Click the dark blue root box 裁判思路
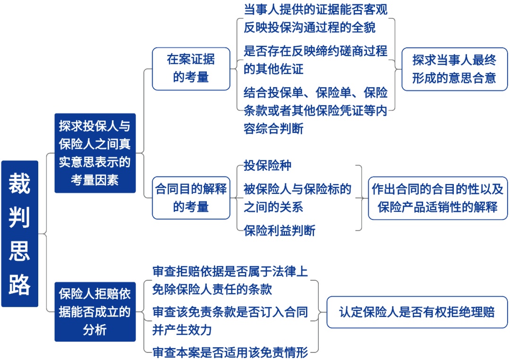point(19,234)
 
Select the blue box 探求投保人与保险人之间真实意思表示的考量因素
point(95,153)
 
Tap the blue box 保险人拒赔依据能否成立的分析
point(95,312)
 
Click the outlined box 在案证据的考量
point(191,68)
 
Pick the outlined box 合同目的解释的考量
point(191,198)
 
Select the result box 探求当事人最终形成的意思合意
point(454,69)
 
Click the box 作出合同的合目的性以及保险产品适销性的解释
point(438,198)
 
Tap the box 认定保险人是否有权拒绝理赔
point(417,312)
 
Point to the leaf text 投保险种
point(267,166)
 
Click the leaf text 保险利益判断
point(280,231)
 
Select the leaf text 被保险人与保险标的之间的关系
point(297,198)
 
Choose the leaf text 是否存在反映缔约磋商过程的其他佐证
point(315,60)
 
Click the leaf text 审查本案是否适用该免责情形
point(230,352)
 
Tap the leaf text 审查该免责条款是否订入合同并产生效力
point(230,320)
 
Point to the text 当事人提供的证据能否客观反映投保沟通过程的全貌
point(315,18)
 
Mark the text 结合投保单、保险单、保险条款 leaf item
point(315,109)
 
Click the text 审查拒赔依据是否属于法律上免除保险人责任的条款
point(230,280)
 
